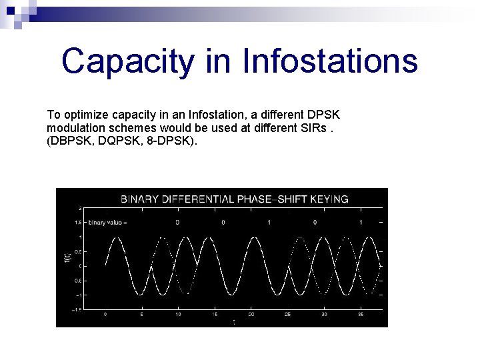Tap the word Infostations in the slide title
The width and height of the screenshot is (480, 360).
coord(330,61)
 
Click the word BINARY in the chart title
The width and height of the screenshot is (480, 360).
coord(141,199)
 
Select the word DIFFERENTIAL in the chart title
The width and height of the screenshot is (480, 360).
coord(200,199)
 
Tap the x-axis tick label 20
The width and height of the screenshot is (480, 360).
coord(251,314)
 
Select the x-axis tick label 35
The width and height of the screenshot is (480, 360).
coord(361,314)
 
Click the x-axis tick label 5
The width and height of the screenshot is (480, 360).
coord(141,314)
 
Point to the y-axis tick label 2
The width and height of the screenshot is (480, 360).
coord(81,208)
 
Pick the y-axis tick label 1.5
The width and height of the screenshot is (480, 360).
coord(78,222)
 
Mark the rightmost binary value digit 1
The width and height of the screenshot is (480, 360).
coord(361,222)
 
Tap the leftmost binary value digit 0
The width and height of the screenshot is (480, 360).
coord(177,222)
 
